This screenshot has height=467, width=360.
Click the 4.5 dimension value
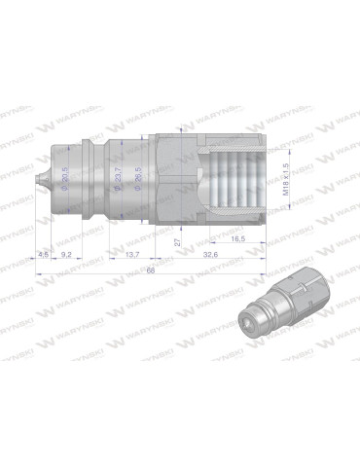[x=42, y=254]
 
